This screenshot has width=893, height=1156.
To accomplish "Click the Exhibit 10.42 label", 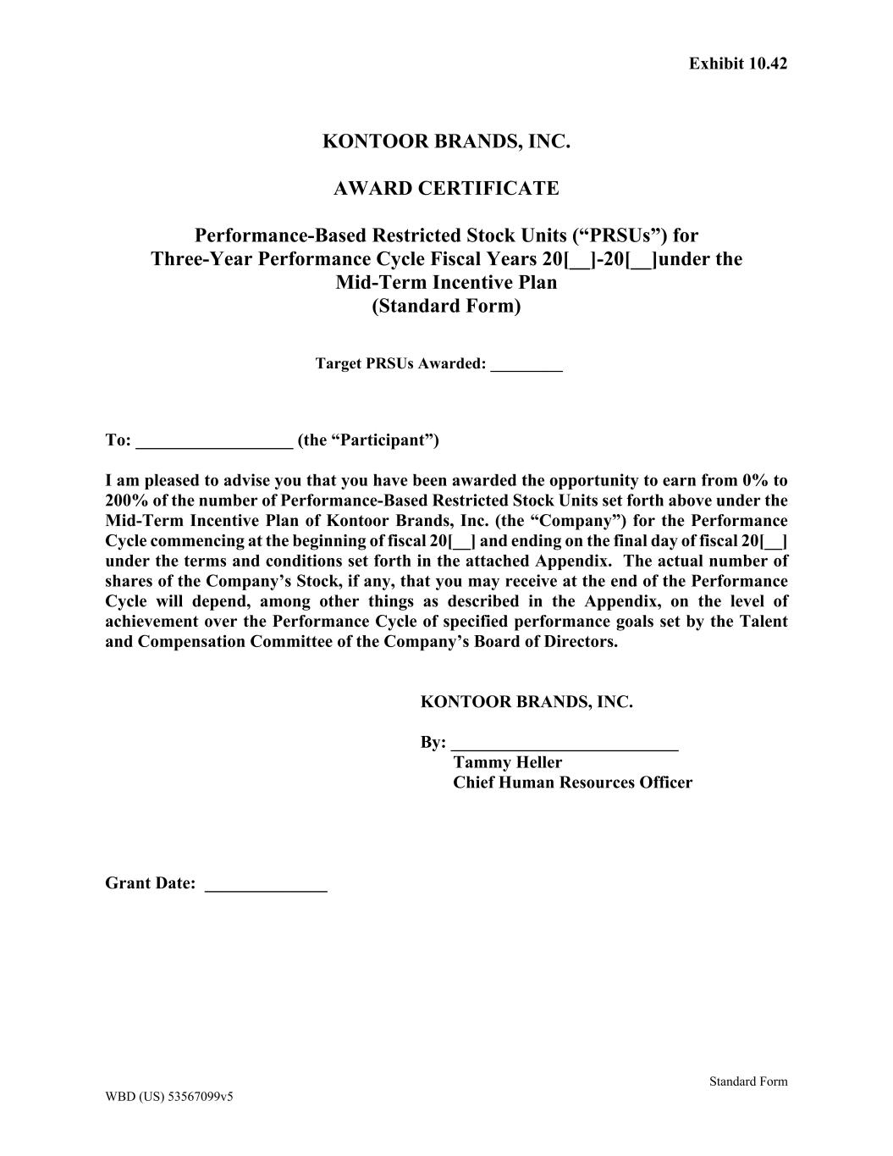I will pos(737,64).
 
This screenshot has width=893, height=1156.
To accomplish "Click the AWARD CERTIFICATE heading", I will pos(446,188).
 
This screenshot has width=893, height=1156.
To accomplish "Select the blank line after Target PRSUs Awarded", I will pos(526,366).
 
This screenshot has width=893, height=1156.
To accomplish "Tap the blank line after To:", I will pos(214,442).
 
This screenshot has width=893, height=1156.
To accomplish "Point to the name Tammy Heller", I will pos(507,762).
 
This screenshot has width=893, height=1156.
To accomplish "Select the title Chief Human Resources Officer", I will pos(572,783).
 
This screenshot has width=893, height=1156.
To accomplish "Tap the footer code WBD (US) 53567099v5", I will pos(169,1096).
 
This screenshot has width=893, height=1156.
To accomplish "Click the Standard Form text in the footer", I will pos(748,1081).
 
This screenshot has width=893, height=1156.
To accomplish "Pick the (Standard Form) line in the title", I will pos(446,306).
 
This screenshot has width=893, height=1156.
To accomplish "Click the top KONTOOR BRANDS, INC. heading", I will pos(446,141).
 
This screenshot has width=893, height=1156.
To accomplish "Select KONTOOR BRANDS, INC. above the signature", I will pos(526,702).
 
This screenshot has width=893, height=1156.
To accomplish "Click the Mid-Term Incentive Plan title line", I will pos(446,282).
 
